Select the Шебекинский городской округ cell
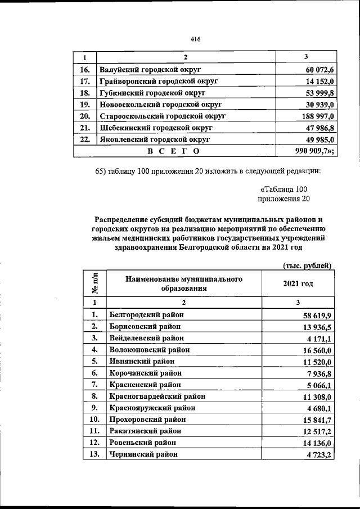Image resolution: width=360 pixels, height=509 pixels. point(155,128)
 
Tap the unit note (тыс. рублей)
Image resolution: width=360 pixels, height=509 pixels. point(305,265)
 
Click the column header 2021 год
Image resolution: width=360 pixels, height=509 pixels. point(298,284)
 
